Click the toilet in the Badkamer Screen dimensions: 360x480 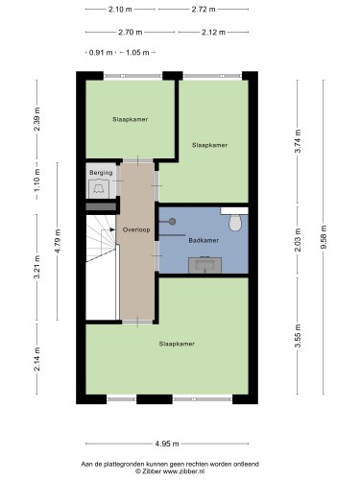pos(235,223)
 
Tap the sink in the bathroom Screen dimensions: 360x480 pos(204,265)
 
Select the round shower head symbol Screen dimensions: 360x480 pos(173,222)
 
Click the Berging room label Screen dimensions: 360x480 pos(101,173)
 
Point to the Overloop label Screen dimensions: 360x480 pos(136,229)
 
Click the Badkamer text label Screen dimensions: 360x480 pos(204,240)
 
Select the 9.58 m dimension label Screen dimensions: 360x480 pos(324,237)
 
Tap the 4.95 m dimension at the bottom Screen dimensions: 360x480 pos(167,444)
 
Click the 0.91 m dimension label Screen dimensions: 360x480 pos(101,53)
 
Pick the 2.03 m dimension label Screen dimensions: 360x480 pos(298,240)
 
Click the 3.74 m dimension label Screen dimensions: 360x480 pos(298,141)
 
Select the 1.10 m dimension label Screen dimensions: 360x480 pos(37,180)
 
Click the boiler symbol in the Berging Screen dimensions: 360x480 pos(99,189)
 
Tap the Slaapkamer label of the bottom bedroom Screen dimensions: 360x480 pos(177,344)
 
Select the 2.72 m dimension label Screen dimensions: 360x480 pos(204,10)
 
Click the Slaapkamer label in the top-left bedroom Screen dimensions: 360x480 pos(130,119)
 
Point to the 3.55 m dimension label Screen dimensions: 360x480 pos(298,336)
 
